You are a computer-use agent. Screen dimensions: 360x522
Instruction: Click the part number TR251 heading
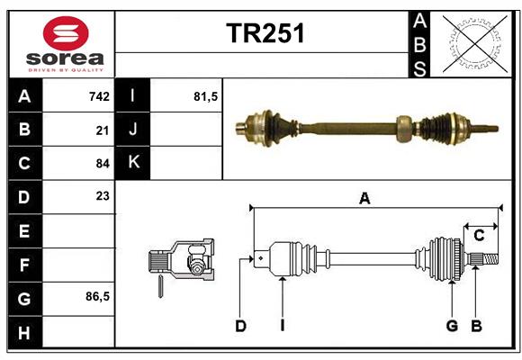tap(265, 33)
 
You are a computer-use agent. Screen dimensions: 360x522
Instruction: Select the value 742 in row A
tap(99, 96)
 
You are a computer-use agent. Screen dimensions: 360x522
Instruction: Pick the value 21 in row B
tap(103, 130)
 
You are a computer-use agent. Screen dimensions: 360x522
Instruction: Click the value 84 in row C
tap(103, 164)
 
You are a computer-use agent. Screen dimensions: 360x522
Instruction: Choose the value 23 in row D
tap(103, 196)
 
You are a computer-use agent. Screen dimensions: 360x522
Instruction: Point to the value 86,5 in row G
tap(97, 296)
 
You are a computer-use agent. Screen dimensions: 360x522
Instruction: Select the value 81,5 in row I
tap(206, 96)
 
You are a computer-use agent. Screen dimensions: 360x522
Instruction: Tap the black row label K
tap(133, 164)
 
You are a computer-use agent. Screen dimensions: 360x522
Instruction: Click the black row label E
tap(24, 231)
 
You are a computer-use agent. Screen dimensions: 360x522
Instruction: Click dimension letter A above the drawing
tap(364, 199)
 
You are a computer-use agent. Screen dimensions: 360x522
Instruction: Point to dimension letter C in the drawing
tap(479, 236)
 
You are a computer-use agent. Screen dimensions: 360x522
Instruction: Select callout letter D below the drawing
tap(240, 326)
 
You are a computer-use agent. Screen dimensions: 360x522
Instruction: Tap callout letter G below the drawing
tap(452, 326)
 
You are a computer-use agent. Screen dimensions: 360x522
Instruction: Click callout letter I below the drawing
tap(282, 326)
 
